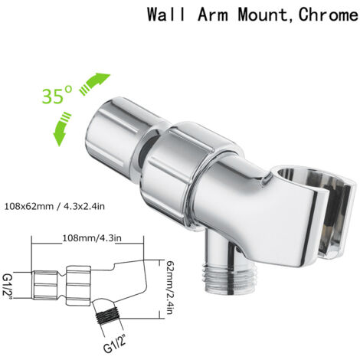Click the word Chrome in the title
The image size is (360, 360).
[328, 15]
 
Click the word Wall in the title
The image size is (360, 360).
[166, 15]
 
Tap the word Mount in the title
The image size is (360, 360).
[263, 15]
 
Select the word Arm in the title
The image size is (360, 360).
[212, 15]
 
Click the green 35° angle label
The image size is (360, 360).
[57, 96]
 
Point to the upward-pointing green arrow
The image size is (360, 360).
[94, 83]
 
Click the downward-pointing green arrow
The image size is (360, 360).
[62, 129]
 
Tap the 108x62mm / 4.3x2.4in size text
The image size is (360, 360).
[54, 206]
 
